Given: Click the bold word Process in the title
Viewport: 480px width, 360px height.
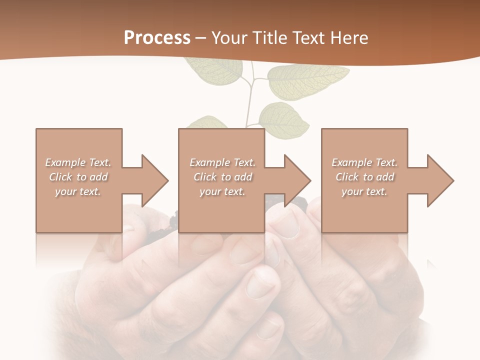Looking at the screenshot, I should (157, 38).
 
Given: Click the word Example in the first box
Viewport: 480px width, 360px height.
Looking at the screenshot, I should (65, 162).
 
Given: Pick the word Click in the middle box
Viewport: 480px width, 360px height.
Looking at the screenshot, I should (205, 177).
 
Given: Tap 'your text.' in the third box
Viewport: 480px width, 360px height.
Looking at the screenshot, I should (364, 191).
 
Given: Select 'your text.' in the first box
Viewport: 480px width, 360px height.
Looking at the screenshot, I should (78, 191).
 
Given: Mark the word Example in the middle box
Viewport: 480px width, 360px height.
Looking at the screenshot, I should (210, 162).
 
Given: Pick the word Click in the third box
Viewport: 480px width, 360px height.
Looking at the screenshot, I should (347, 177).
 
